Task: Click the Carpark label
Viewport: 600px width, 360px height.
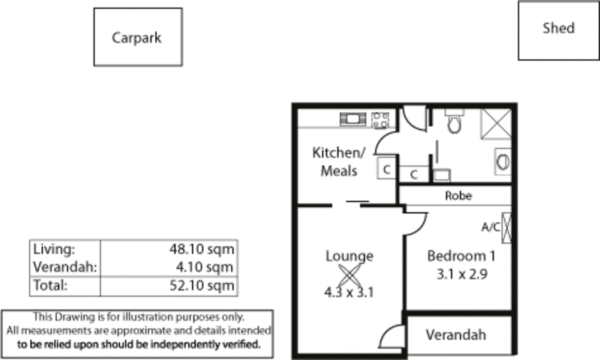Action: coord(136,37)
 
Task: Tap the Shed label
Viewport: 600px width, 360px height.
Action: coord(558,28)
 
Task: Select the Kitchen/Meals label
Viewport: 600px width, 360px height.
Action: coord(339,161)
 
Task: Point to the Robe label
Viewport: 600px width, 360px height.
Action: coord(458,196)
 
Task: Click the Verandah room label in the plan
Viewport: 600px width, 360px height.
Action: coord(456,334)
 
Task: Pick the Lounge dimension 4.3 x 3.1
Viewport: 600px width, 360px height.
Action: coord(349,292)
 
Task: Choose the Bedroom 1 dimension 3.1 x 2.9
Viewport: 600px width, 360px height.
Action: coord(462,274)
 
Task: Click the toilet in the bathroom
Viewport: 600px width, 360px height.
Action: coord(454,121)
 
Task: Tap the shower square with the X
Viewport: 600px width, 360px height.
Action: coord(496,124)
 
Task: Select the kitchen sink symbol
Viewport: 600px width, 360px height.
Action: coord(352,119)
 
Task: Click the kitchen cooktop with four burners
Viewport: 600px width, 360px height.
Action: coord(380,120)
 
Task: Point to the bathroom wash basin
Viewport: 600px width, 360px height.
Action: coord(502,161)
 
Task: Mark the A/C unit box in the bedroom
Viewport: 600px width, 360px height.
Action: coord(506,228)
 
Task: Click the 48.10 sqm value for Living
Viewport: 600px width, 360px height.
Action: coord(202,249)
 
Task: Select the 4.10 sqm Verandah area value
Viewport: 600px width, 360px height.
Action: coord(205,267)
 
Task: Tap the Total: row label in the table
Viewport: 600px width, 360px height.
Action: coord(50,285)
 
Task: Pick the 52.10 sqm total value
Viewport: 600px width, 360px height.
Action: coord(202,286)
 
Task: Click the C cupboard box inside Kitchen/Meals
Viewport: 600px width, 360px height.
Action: coord(387,167)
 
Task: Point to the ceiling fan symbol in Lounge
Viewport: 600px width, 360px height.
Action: coord(349,275)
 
